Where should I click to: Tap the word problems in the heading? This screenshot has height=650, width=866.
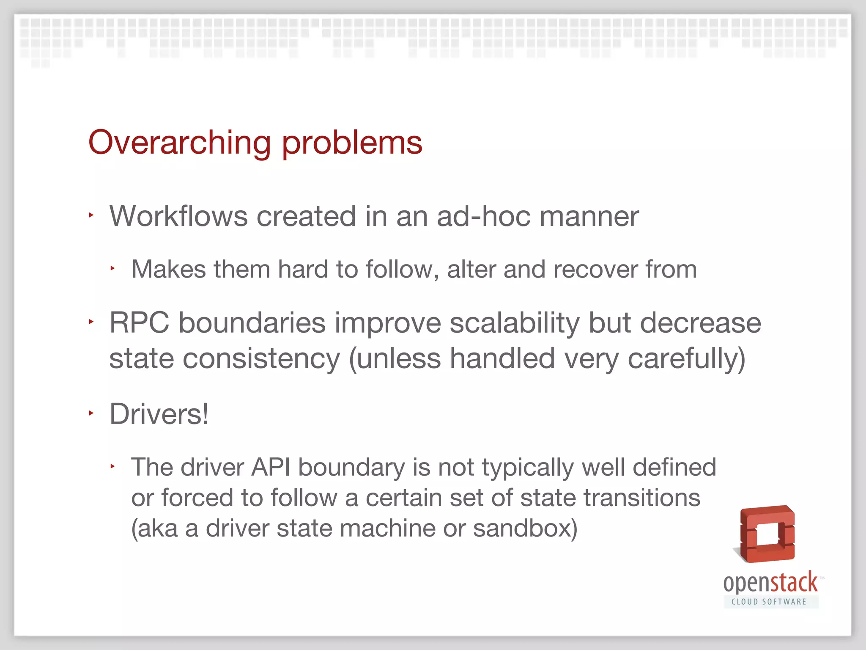352,143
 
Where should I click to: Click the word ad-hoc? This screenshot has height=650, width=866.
483,216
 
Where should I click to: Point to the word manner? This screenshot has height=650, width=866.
589,216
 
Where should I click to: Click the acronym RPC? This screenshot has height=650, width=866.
139,323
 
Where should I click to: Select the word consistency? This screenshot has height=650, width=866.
261,359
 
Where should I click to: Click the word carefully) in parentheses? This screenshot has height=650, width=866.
686,359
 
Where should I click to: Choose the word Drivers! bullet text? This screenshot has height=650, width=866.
159,414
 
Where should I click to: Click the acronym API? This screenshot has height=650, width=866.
271,468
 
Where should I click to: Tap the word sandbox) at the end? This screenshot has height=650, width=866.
525,529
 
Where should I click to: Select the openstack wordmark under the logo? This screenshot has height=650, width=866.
770,583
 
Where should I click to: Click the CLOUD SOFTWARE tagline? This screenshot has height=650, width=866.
769,602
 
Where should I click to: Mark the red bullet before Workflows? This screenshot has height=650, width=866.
91,215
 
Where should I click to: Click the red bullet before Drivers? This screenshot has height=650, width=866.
91,413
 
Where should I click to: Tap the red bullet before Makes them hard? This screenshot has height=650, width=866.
113,268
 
